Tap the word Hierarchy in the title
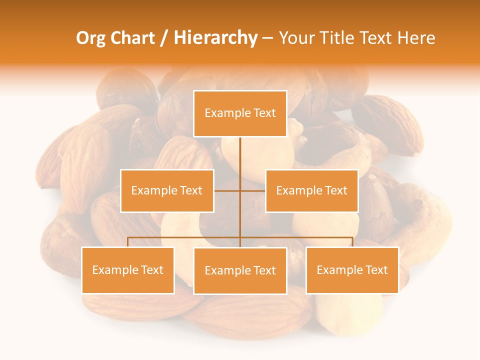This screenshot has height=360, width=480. [x=215, y=38]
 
